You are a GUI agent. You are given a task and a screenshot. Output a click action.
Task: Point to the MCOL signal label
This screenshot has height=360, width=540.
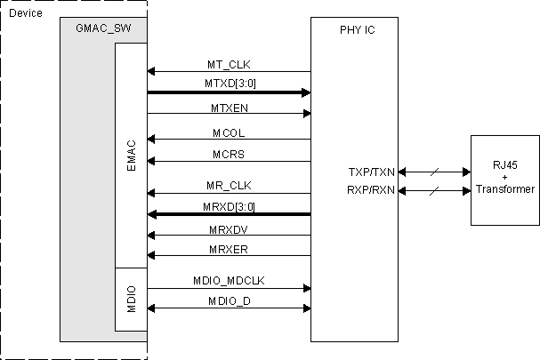[229, 132]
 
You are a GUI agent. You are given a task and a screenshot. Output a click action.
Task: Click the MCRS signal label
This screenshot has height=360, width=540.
[229, 153]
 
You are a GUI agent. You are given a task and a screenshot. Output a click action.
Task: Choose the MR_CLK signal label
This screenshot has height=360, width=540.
[229, 185]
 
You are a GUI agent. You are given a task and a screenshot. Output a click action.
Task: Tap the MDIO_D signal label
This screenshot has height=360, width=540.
[229, 301]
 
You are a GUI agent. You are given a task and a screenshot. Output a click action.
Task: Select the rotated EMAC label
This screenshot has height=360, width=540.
[132, 155]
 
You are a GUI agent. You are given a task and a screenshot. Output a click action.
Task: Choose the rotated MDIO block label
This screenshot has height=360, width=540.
[132, 298]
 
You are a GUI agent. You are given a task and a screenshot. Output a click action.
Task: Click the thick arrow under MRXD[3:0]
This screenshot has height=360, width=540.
[229, 214]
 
